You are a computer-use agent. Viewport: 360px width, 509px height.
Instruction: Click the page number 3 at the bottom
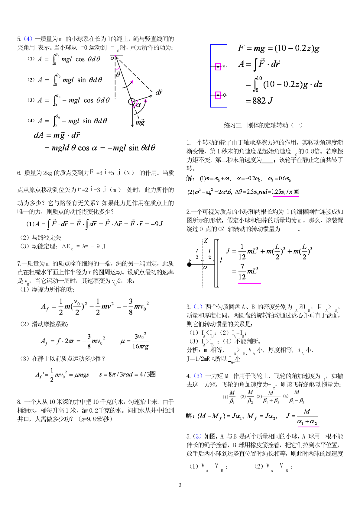(x=180, y=485)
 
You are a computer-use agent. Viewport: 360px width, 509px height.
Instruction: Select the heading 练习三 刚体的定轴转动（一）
(x=263, y=125)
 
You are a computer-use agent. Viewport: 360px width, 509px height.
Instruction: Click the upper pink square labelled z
(x=218, y=66)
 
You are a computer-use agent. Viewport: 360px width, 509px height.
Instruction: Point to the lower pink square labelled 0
(x=218, y=95)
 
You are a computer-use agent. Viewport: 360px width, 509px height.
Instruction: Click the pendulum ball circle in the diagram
(x=132, y=101)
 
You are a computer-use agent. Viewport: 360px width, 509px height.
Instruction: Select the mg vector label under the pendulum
(x=140, y=122)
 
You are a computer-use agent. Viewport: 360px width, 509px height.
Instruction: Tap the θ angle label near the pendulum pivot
(x=118, y=74)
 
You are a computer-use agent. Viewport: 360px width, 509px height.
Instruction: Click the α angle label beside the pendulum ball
(x=138, y=105)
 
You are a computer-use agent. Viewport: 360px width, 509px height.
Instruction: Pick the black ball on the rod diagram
(x=190, y=265)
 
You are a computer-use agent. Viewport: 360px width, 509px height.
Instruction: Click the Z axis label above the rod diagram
(x=206, y=241)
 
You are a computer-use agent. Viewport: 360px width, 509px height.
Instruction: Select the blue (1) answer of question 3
(x=198, y=307)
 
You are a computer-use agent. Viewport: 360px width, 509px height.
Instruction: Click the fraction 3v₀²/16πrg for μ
(x=141, y=341)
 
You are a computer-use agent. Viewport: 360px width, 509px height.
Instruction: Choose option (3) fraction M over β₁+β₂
(x=271, y=397)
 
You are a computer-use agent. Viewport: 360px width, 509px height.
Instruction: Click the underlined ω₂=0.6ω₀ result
(x=279, y=179)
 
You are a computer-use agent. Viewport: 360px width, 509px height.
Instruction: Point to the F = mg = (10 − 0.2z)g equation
(x=278, y=48)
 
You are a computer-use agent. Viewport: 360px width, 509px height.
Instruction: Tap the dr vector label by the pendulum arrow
(x=159, y=92)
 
